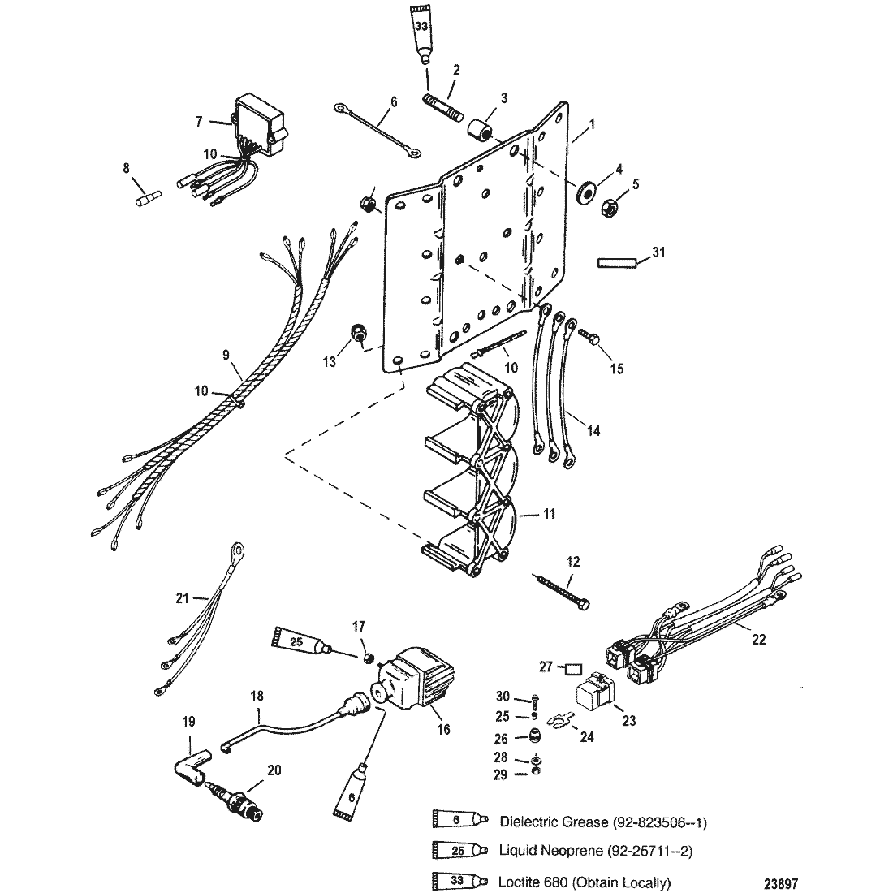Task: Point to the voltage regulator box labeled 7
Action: pyautogui.click(x=254, y=124)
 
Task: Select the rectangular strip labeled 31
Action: pyautogui.click(x=616, y=263)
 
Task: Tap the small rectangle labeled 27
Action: pyautogui.click(x=573, y=668)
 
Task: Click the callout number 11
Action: pyautogui.click(x=548, y=514)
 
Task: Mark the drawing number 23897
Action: pyautogui.click(x=780, y=884)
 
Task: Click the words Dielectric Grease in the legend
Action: pyautogui.click(x=553, y=822)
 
